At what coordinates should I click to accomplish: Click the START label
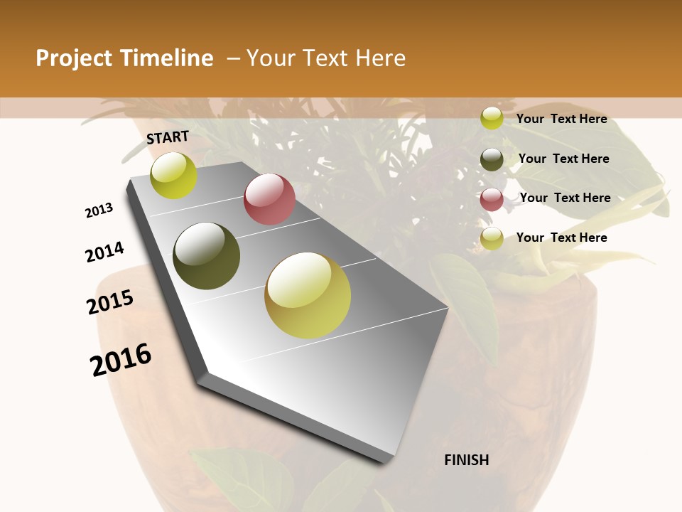[168, 137]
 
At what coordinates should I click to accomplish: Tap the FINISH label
[466, 460]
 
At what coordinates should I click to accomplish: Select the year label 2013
[99, 210]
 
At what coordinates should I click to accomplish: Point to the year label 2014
[104, 252]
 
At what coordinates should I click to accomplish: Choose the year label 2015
[110, 302]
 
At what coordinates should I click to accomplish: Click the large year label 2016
[121, 360]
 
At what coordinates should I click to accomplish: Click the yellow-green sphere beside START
[173, 176]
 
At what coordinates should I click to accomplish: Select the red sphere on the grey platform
[269, 199]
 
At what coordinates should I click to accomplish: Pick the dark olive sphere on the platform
[207, 256]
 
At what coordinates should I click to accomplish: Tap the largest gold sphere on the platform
[308, 295]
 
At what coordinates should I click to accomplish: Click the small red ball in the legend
[492, 199]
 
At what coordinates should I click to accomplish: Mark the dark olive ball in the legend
[492, 160]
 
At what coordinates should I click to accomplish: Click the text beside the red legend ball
[565, 198]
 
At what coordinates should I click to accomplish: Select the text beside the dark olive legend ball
[563, 159]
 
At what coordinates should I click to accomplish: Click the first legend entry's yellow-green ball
[492, 118]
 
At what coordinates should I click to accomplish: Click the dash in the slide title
[232, 58]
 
